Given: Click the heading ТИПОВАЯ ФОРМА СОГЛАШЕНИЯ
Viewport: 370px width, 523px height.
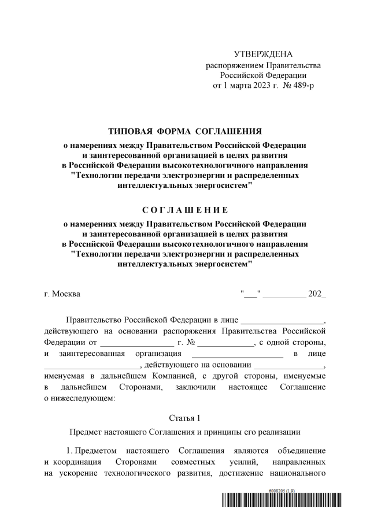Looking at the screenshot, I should tap(185, 131).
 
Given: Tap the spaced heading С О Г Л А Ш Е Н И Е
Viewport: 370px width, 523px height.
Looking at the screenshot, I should tap(185, 209).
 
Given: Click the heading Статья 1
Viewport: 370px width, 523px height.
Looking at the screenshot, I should tap(184, 417).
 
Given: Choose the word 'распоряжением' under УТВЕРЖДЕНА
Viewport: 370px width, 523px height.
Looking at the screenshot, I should tap(234, 65).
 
